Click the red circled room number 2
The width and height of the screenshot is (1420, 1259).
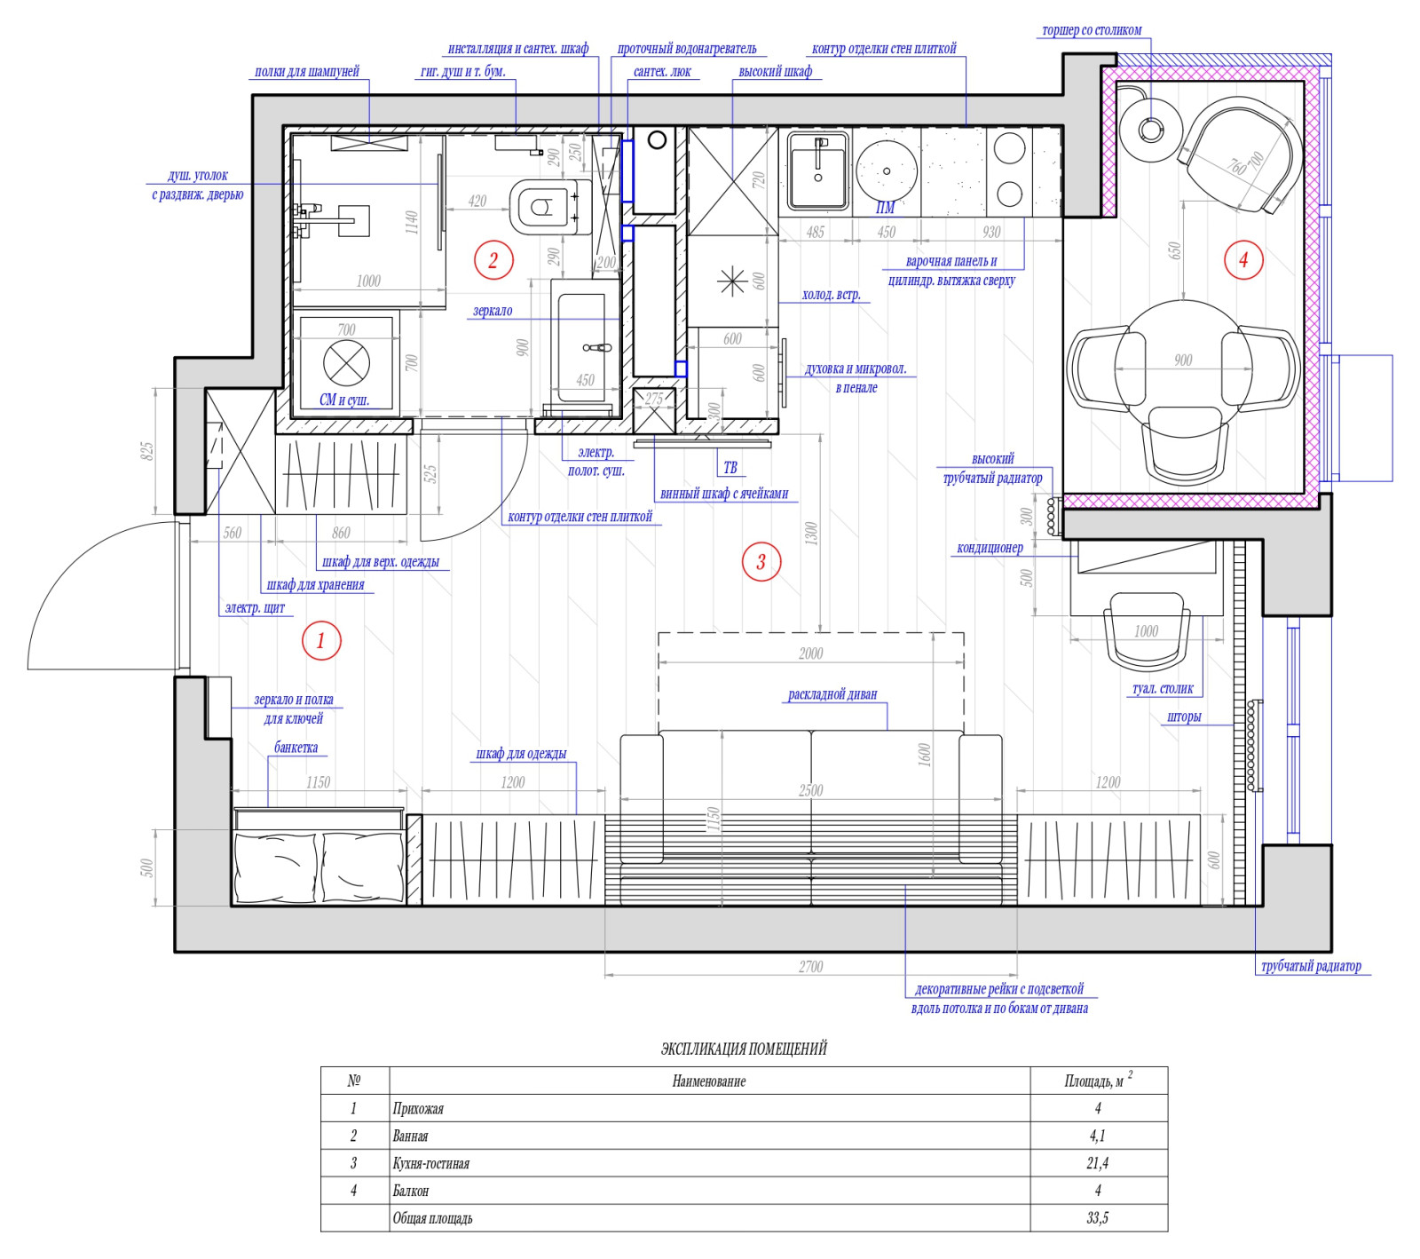click(493, 260)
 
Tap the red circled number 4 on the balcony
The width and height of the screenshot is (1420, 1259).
click(1242, 260)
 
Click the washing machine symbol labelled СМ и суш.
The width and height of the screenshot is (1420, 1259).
click(346, 362)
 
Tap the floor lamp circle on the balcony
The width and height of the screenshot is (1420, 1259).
click(1150, 130)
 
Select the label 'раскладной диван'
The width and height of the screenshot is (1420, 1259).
click(832, 694)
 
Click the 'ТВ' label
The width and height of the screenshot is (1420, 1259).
click(730, 468)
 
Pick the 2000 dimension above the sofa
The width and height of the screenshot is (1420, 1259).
click(810, 653)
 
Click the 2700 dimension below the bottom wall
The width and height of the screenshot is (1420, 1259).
click(810, 967)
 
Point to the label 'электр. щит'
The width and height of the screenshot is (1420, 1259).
click(255, 608)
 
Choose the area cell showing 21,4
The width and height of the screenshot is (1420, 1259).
click(1098, 1163)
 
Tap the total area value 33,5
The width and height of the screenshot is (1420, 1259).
click(1098, 1218)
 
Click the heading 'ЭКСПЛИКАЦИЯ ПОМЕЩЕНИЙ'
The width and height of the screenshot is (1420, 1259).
click(744, 1049)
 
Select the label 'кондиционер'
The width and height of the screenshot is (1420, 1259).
click(990, 548)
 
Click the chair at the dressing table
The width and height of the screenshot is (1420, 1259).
click(1145, 630)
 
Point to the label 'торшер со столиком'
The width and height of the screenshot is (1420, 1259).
click(1092, 30)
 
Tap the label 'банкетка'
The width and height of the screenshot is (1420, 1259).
click(296, 748)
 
